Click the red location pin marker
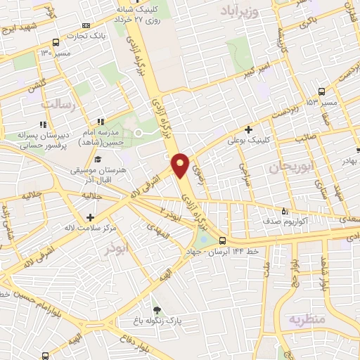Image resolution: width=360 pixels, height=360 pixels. [x=181, y=164]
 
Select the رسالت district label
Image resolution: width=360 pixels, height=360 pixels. [x=58, y=104]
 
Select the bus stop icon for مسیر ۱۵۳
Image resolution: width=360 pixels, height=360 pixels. [x=321, y=91]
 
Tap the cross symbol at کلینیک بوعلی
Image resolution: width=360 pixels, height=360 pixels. [x=248, y=129]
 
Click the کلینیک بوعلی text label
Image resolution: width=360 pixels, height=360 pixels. [x=245, y=141]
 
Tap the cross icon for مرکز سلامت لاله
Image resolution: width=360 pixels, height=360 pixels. [x=89, y=217]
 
